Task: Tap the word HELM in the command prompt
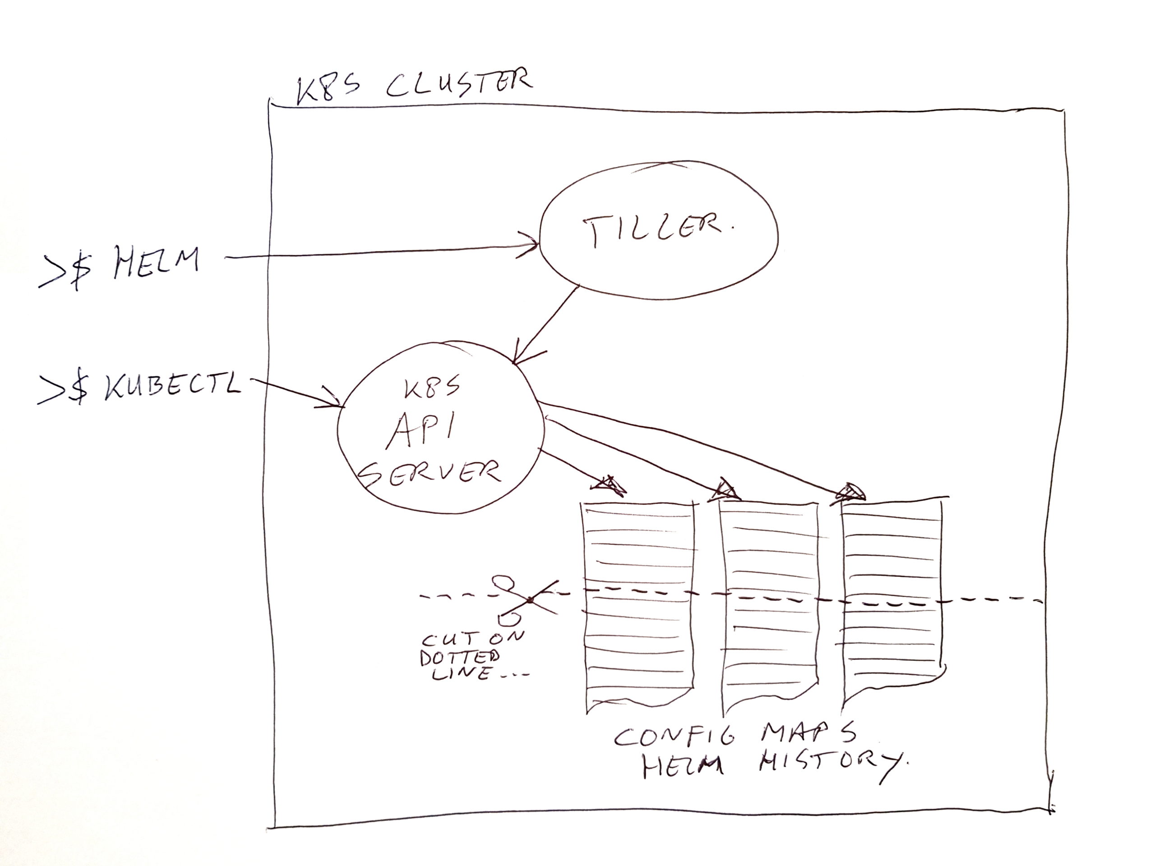pyautogui.click(x=157, y=263)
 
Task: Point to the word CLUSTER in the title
pyautogui.click(x=459, y=83)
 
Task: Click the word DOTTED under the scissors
pyautogui.click(x=459, y=657)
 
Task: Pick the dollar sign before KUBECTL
pyautogui.click(x=79, y=389)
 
